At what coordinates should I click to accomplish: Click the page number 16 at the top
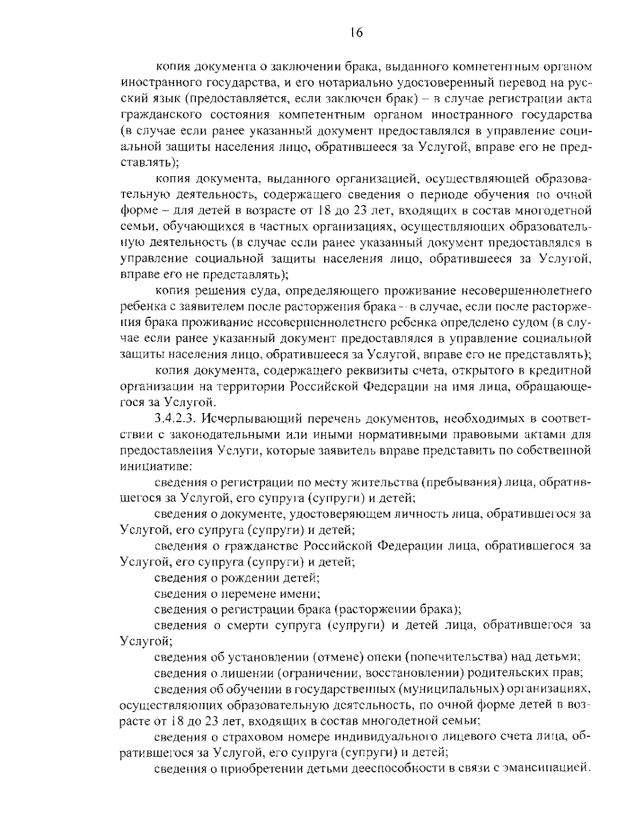click(x=355, y=33)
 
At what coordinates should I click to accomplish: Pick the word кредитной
click(x=561, y=371)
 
